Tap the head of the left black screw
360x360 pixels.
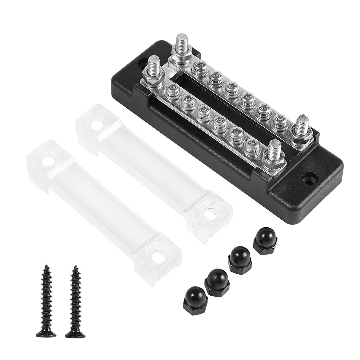[x=46, y=334]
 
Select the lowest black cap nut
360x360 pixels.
[x=194, y=296]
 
